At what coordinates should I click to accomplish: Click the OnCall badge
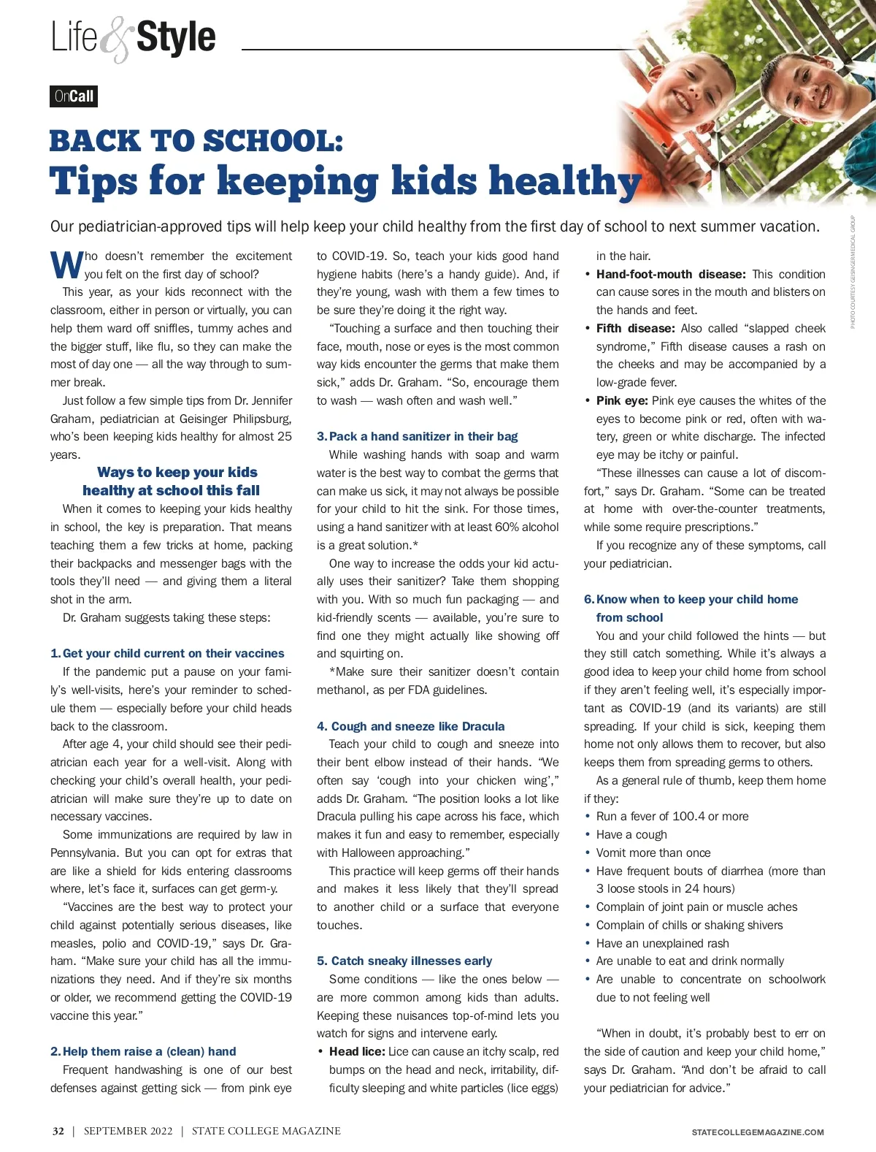tap(74, 96)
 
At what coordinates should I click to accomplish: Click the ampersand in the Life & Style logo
tap(115, 41)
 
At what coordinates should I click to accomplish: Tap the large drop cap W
tap(66, 265)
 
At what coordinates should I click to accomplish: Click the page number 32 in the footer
tap(58, 1131)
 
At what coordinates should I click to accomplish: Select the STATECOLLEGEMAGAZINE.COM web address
tap(758, 1132)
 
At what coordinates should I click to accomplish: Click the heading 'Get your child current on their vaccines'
tap(173, 653)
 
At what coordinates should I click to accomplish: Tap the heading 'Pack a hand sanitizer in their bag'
tap(423, 436)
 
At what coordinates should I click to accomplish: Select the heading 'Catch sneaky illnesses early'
tap(411, 961)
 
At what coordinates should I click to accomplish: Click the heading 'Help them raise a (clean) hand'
tap(149, 1051)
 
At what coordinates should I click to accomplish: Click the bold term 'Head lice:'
tap(357, 1051)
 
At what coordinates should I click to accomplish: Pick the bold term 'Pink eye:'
tap(622, 400)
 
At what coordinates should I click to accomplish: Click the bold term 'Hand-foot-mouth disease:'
tap(671, 274)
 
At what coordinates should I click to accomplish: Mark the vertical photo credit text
tap(853, 272)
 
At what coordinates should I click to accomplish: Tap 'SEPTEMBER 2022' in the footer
tap(128, 1131)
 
